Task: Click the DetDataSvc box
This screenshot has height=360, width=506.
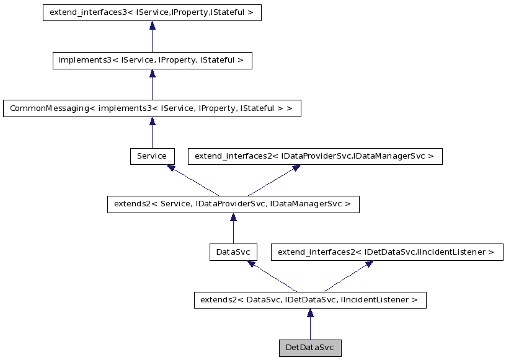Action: point(309,348)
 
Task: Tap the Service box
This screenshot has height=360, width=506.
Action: point(152,156)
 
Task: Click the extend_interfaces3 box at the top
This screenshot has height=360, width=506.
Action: point(152,12)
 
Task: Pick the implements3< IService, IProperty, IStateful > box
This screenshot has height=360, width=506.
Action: point(152,60)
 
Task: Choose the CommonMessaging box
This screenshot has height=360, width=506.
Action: point(152,108)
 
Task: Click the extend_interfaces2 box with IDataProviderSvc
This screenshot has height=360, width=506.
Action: point(315,156)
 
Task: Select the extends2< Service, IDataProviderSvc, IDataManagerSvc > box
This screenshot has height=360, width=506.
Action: point(233,204)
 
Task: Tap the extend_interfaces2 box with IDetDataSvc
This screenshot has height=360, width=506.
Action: point(386,252)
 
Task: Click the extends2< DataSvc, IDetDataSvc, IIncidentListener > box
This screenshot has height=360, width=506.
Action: point(309,300)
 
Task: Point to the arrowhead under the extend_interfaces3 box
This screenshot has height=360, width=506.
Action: point(152,25)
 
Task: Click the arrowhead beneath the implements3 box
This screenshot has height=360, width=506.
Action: point(152,73)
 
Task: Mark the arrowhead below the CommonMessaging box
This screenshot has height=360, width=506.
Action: point(152,121)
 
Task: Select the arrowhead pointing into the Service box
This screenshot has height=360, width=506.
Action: point(171,168)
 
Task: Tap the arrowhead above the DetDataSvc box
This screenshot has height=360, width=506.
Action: point(309,313)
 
